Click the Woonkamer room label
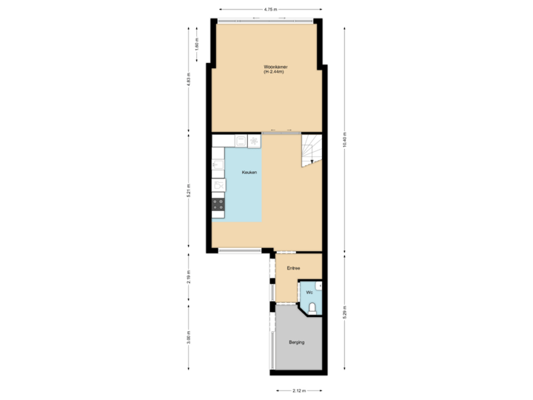pyautogui.click(x=275, y=67)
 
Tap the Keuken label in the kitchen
pyautogui.click(x=249, y=173)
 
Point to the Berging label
pyautogui.click(x=297, y=342)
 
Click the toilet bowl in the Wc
pyautogui.click(x=313, y=307)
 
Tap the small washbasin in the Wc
pyautogui.click(x=319, y=285)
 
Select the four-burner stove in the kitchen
pyautogui.click(x=218, y=203)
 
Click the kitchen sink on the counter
pyautogui.click(x=218, y=165)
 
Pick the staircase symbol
pyautogui.click(x=312, y=150)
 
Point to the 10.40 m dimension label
pyautogui.click(x=344, y=139)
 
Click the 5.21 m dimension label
pyautogui.click(x=190, y=190)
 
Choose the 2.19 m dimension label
pyautogui.click(x=190, y=278)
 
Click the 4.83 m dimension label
pyautogui.click(x=190, y=79)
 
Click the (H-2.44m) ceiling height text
pyautogui.click(x=275, y=73)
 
